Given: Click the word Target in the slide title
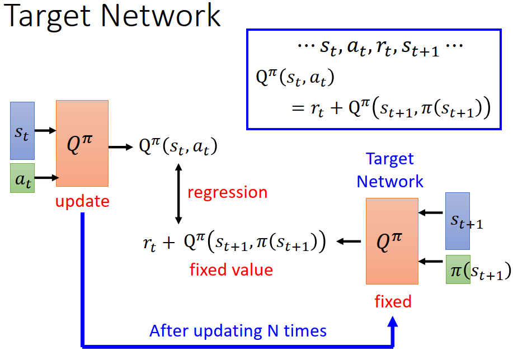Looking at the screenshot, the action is [x=47, y=17].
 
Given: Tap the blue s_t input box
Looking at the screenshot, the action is [x=22, y=131].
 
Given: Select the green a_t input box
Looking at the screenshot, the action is [x=22, y=178].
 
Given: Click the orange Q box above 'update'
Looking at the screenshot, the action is [x=82, y=144].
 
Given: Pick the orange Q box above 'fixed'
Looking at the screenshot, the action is [x=392, y=241].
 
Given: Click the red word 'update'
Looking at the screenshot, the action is [x=82, y=201].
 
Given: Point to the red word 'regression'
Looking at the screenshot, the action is [x=227, y=192].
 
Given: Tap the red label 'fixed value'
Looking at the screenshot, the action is [x=231, y=270].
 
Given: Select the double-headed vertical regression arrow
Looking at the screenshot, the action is [x=178, y=194].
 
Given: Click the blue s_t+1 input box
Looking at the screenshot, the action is [x=458, y=221].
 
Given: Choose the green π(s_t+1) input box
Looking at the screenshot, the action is [x=458, y=269].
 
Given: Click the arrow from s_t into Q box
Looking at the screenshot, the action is [x=45, y=130].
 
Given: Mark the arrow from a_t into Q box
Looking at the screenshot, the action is [x=46, y=178].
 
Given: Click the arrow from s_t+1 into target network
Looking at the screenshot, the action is [x=431, y=212].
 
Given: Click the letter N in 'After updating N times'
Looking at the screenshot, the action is [x=273, y=331].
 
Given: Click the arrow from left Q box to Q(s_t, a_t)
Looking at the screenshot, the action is [x=121, y=147].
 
